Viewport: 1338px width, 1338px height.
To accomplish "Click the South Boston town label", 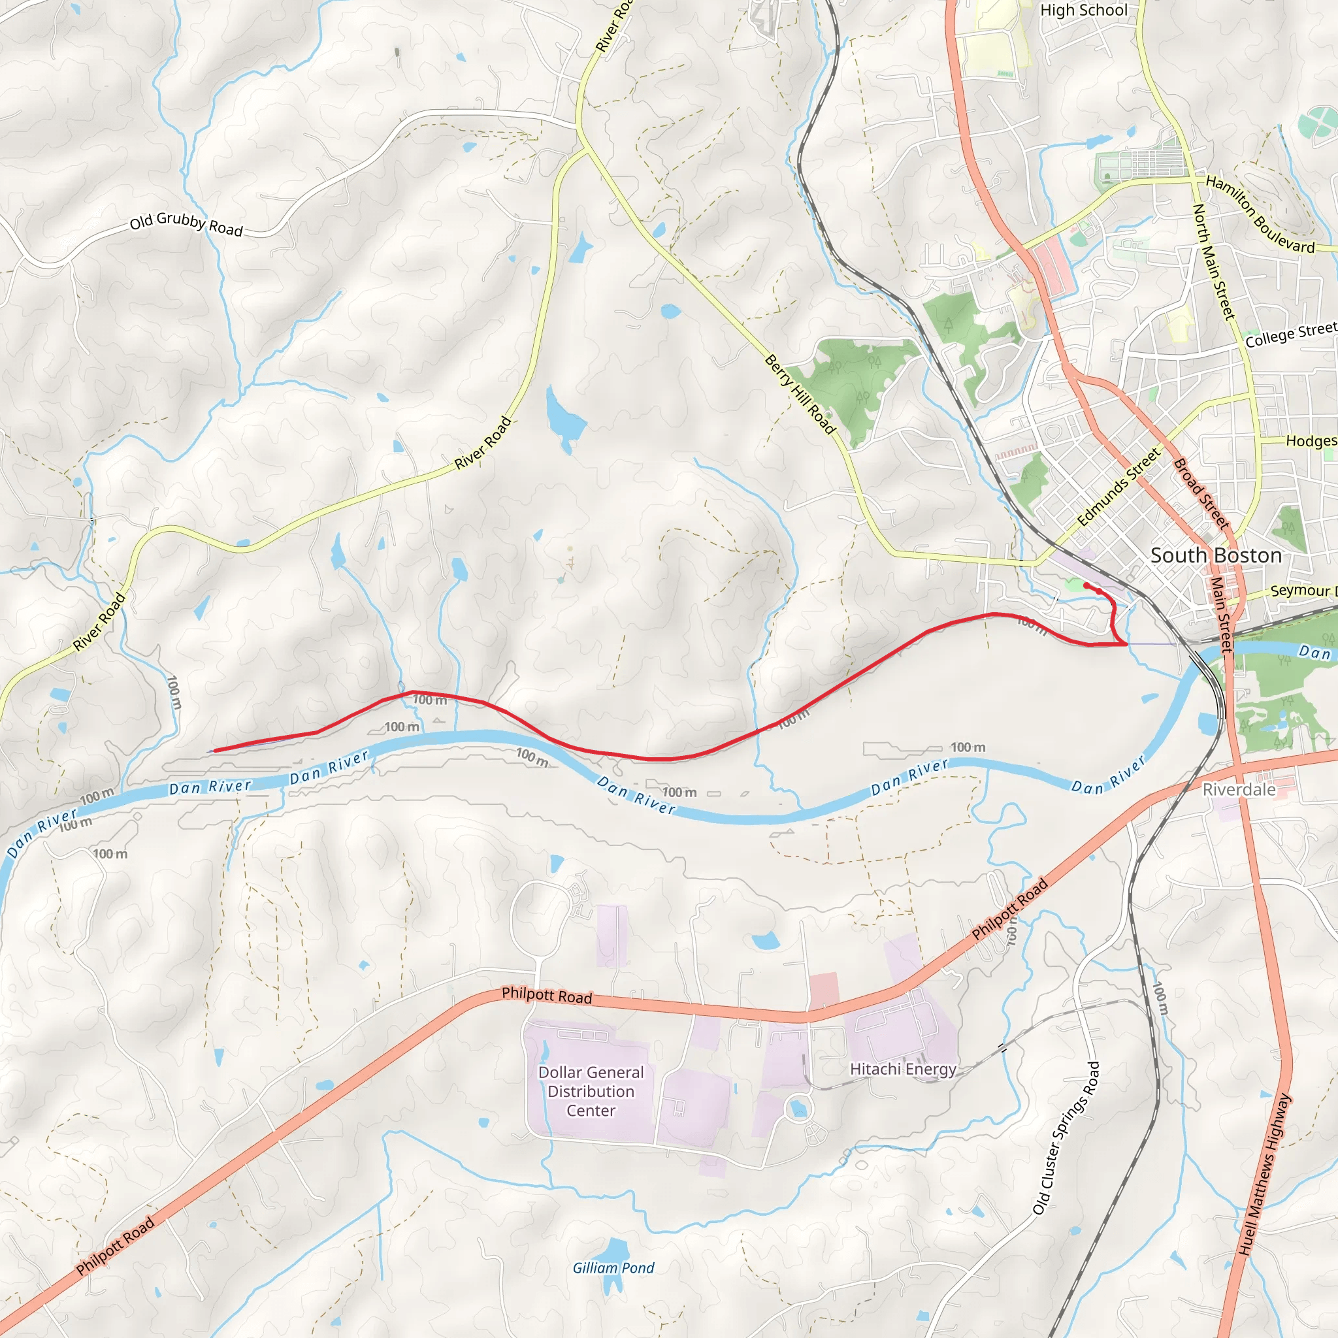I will click(1216, 555).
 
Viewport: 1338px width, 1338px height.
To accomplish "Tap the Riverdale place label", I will click(1239, 789).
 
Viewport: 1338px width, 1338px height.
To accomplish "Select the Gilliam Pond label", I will click(613, 1268).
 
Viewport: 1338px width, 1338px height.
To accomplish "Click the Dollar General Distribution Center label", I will click(591, 1092).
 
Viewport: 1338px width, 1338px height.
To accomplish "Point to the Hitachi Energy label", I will click(903, 1069).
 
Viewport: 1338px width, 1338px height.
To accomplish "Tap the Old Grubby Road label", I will click(186, 224).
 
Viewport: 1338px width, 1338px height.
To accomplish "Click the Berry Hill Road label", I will click(800, 394).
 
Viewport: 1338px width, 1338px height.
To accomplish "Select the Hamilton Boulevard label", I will click(1260, 215).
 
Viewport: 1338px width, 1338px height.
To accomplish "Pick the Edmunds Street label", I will click(1118, 487).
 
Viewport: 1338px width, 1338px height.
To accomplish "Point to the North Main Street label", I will click(1213, 262).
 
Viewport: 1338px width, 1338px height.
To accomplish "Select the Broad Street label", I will click(1201, 494).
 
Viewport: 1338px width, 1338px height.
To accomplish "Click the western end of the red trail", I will click(215, 751).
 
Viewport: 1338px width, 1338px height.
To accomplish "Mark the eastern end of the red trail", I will click(1085, 586).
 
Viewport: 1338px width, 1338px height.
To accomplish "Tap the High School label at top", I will click(1084, 10).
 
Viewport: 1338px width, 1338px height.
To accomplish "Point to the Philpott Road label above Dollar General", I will click(546, 996).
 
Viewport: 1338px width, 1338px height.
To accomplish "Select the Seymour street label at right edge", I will click(1302, 591).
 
